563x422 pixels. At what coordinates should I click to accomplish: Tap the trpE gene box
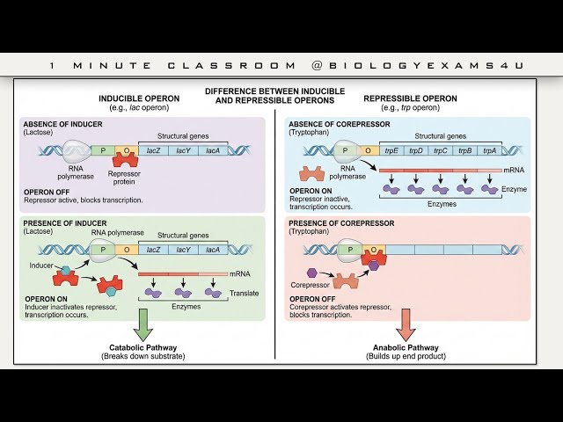(385, 151)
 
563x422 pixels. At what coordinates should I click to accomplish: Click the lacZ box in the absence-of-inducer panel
(153, 151)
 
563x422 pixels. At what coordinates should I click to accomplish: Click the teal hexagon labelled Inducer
(65, 265)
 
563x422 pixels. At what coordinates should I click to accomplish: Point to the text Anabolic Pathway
(406, 346)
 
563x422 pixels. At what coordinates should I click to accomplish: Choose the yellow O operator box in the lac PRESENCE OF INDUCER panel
(127, 250)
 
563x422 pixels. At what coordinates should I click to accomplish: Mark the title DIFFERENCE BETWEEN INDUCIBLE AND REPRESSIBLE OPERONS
(275, 96)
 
